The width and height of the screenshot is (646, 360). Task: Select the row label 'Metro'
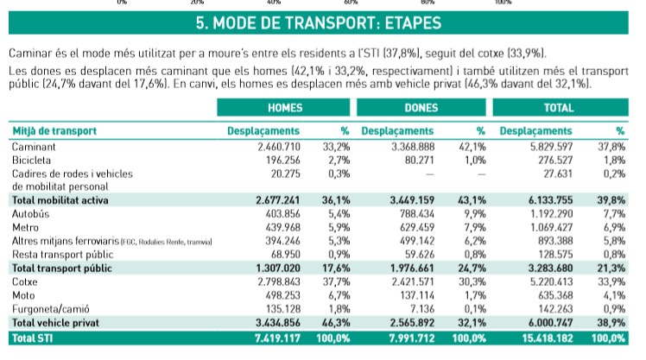tap(27, 228)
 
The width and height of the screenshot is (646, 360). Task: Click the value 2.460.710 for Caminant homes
tap(278, 147)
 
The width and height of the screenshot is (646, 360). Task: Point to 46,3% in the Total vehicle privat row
tap(337, 321)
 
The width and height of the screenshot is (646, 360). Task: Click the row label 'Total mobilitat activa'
tap(62, 200)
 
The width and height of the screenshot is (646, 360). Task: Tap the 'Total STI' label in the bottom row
tap(32, 335)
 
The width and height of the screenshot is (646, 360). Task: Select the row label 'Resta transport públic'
tap(64, 255)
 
